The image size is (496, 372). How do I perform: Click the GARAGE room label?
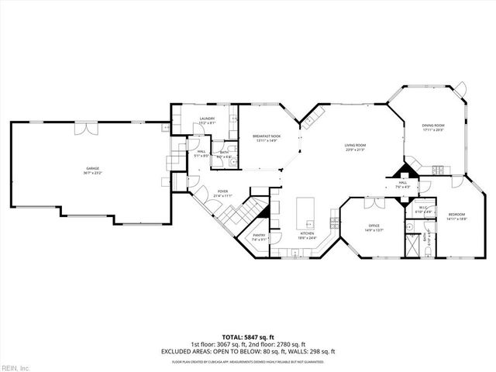click(x=92, y=168)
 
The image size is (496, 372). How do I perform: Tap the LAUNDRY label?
click(x=207, y=119)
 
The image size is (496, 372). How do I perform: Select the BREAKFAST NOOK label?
click(x=267, y=136)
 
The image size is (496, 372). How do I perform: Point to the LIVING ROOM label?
click(x=355, y=145)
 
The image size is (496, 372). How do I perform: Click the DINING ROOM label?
click(x=433, y=126)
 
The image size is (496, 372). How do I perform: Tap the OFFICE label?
click(x=374, y=226)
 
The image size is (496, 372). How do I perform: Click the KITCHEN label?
click(x=307, y=233)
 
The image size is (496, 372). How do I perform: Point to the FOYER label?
click(x=222, y=191)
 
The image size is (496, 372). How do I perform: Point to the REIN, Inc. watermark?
click(x=15, y=367)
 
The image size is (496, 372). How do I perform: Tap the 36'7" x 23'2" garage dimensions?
click(x=92, y=173)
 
